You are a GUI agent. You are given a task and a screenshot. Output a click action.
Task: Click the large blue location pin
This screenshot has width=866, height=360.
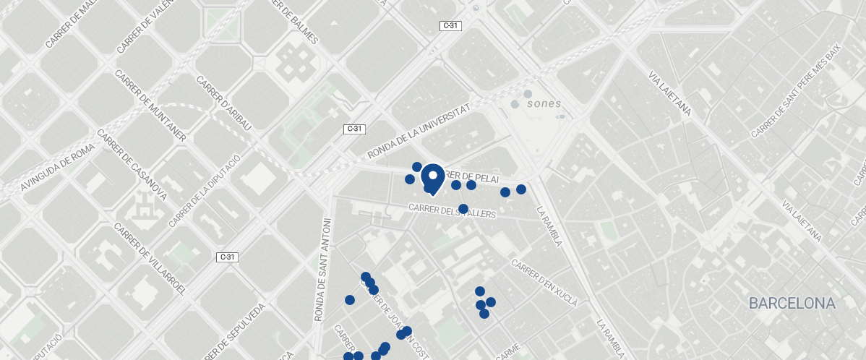tap(432, 178)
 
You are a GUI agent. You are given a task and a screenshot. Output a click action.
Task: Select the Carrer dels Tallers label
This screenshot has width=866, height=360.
tap(452, 211)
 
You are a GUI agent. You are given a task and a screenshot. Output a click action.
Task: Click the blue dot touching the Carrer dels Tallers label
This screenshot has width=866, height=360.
tap(463, 209)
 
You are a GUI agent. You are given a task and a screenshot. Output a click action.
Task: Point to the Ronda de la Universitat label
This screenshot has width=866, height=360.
tap(419, 130)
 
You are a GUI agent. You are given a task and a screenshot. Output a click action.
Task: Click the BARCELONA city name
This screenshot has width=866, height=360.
tap(792, 304)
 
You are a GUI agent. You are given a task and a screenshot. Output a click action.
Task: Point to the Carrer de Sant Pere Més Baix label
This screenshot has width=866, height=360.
tap(797, 90)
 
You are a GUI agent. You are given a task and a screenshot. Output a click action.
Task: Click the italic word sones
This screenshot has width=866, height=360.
tap(544, 103)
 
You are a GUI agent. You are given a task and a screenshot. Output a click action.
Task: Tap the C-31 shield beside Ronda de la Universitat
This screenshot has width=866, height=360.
tap(354, 129)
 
